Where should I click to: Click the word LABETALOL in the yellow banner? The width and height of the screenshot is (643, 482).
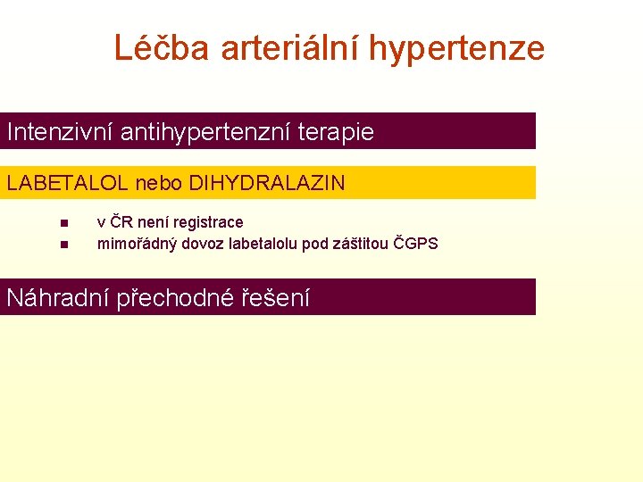pos(68,184)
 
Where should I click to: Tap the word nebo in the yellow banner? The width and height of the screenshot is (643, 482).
pos(158,184)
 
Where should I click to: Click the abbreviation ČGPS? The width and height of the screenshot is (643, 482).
pos(416,243)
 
